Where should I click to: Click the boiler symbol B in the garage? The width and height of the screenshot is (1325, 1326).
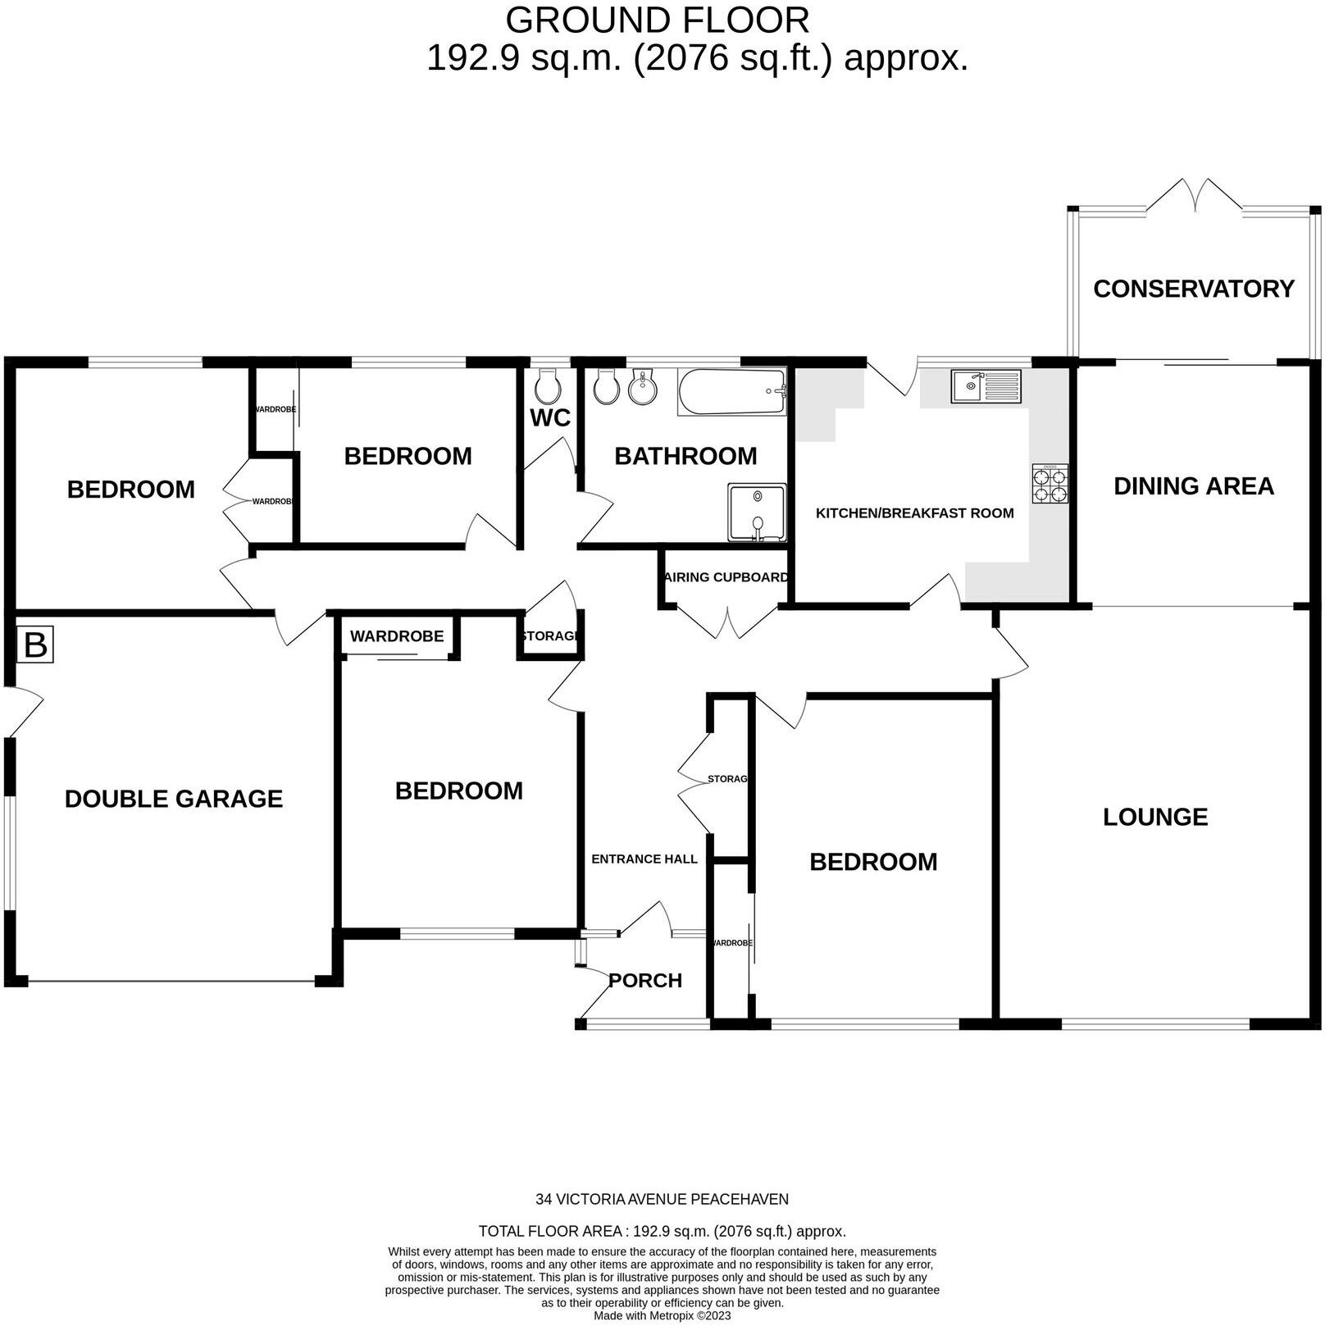[x=35, y=645]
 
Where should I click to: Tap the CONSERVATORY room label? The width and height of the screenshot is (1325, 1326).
[x=1193, y=289]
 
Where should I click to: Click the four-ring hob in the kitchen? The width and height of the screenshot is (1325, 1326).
[x=1050, y=484]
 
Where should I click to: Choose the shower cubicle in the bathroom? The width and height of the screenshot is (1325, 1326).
[x=757, y=513]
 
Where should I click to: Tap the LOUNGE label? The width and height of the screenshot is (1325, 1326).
[x=1154, y=817]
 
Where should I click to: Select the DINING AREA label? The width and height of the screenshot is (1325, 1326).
[x=1193, y=486]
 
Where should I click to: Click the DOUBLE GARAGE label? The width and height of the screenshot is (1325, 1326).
[x=174, y=799]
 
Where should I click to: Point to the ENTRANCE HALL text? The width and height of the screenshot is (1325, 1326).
[x=644, y=859]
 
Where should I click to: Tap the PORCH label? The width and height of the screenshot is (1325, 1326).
[x=645, y=980]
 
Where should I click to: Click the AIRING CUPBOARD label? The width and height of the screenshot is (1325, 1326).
[x=726, y=577]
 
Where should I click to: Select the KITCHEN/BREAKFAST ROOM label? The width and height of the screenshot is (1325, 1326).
[x=914, y=513]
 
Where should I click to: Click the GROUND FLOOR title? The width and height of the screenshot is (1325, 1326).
[x=657, y=20]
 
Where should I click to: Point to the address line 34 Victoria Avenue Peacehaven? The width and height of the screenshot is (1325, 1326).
[x=662, y=1199]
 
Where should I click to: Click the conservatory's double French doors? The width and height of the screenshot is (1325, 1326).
[x=1193, y=195]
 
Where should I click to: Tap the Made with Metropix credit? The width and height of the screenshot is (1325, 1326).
[x=662, y=1315]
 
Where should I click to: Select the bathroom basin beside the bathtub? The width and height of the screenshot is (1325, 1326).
[x=642, y=387]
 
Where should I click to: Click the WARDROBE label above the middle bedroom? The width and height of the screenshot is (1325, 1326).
[x=397, y=636]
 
